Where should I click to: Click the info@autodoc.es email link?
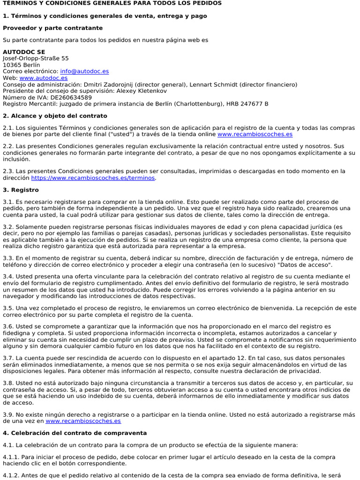tap(84, 71)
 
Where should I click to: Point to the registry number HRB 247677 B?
tap(247, 104)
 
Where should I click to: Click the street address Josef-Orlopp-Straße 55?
tap(36, 58)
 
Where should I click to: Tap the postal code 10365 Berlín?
tap(21, 65)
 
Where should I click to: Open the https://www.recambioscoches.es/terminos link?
tap(93, 178)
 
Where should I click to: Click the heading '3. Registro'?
tap(21, 190)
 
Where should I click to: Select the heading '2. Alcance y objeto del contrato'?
tap(55, 116)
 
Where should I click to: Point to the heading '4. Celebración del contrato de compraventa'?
tap(75, 433)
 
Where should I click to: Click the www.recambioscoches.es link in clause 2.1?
tap(255, 134)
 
